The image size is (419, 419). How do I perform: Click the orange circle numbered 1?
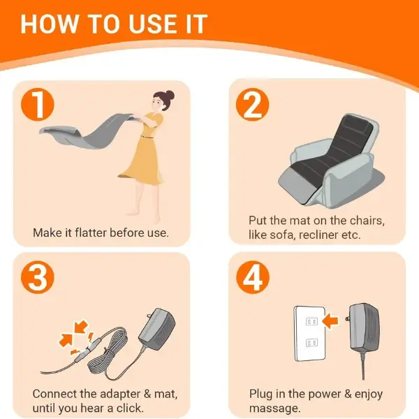(x=38, y=105)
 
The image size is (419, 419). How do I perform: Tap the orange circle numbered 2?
(x=252, y=105)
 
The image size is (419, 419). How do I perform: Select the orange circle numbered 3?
(x=38, y=277)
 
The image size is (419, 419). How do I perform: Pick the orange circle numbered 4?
(x=253, y=277)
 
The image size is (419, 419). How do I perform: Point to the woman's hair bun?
(x=170, y=95)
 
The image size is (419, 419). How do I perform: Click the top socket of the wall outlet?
(x=311, y=321)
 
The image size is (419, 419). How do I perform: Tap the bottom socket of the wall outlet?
(x=311, y=342)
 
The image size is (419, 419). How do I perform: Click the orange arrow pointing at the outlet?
(x=330, y=321)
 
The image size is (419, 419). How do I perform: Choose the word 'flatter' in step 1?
(x=91, y=233)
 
